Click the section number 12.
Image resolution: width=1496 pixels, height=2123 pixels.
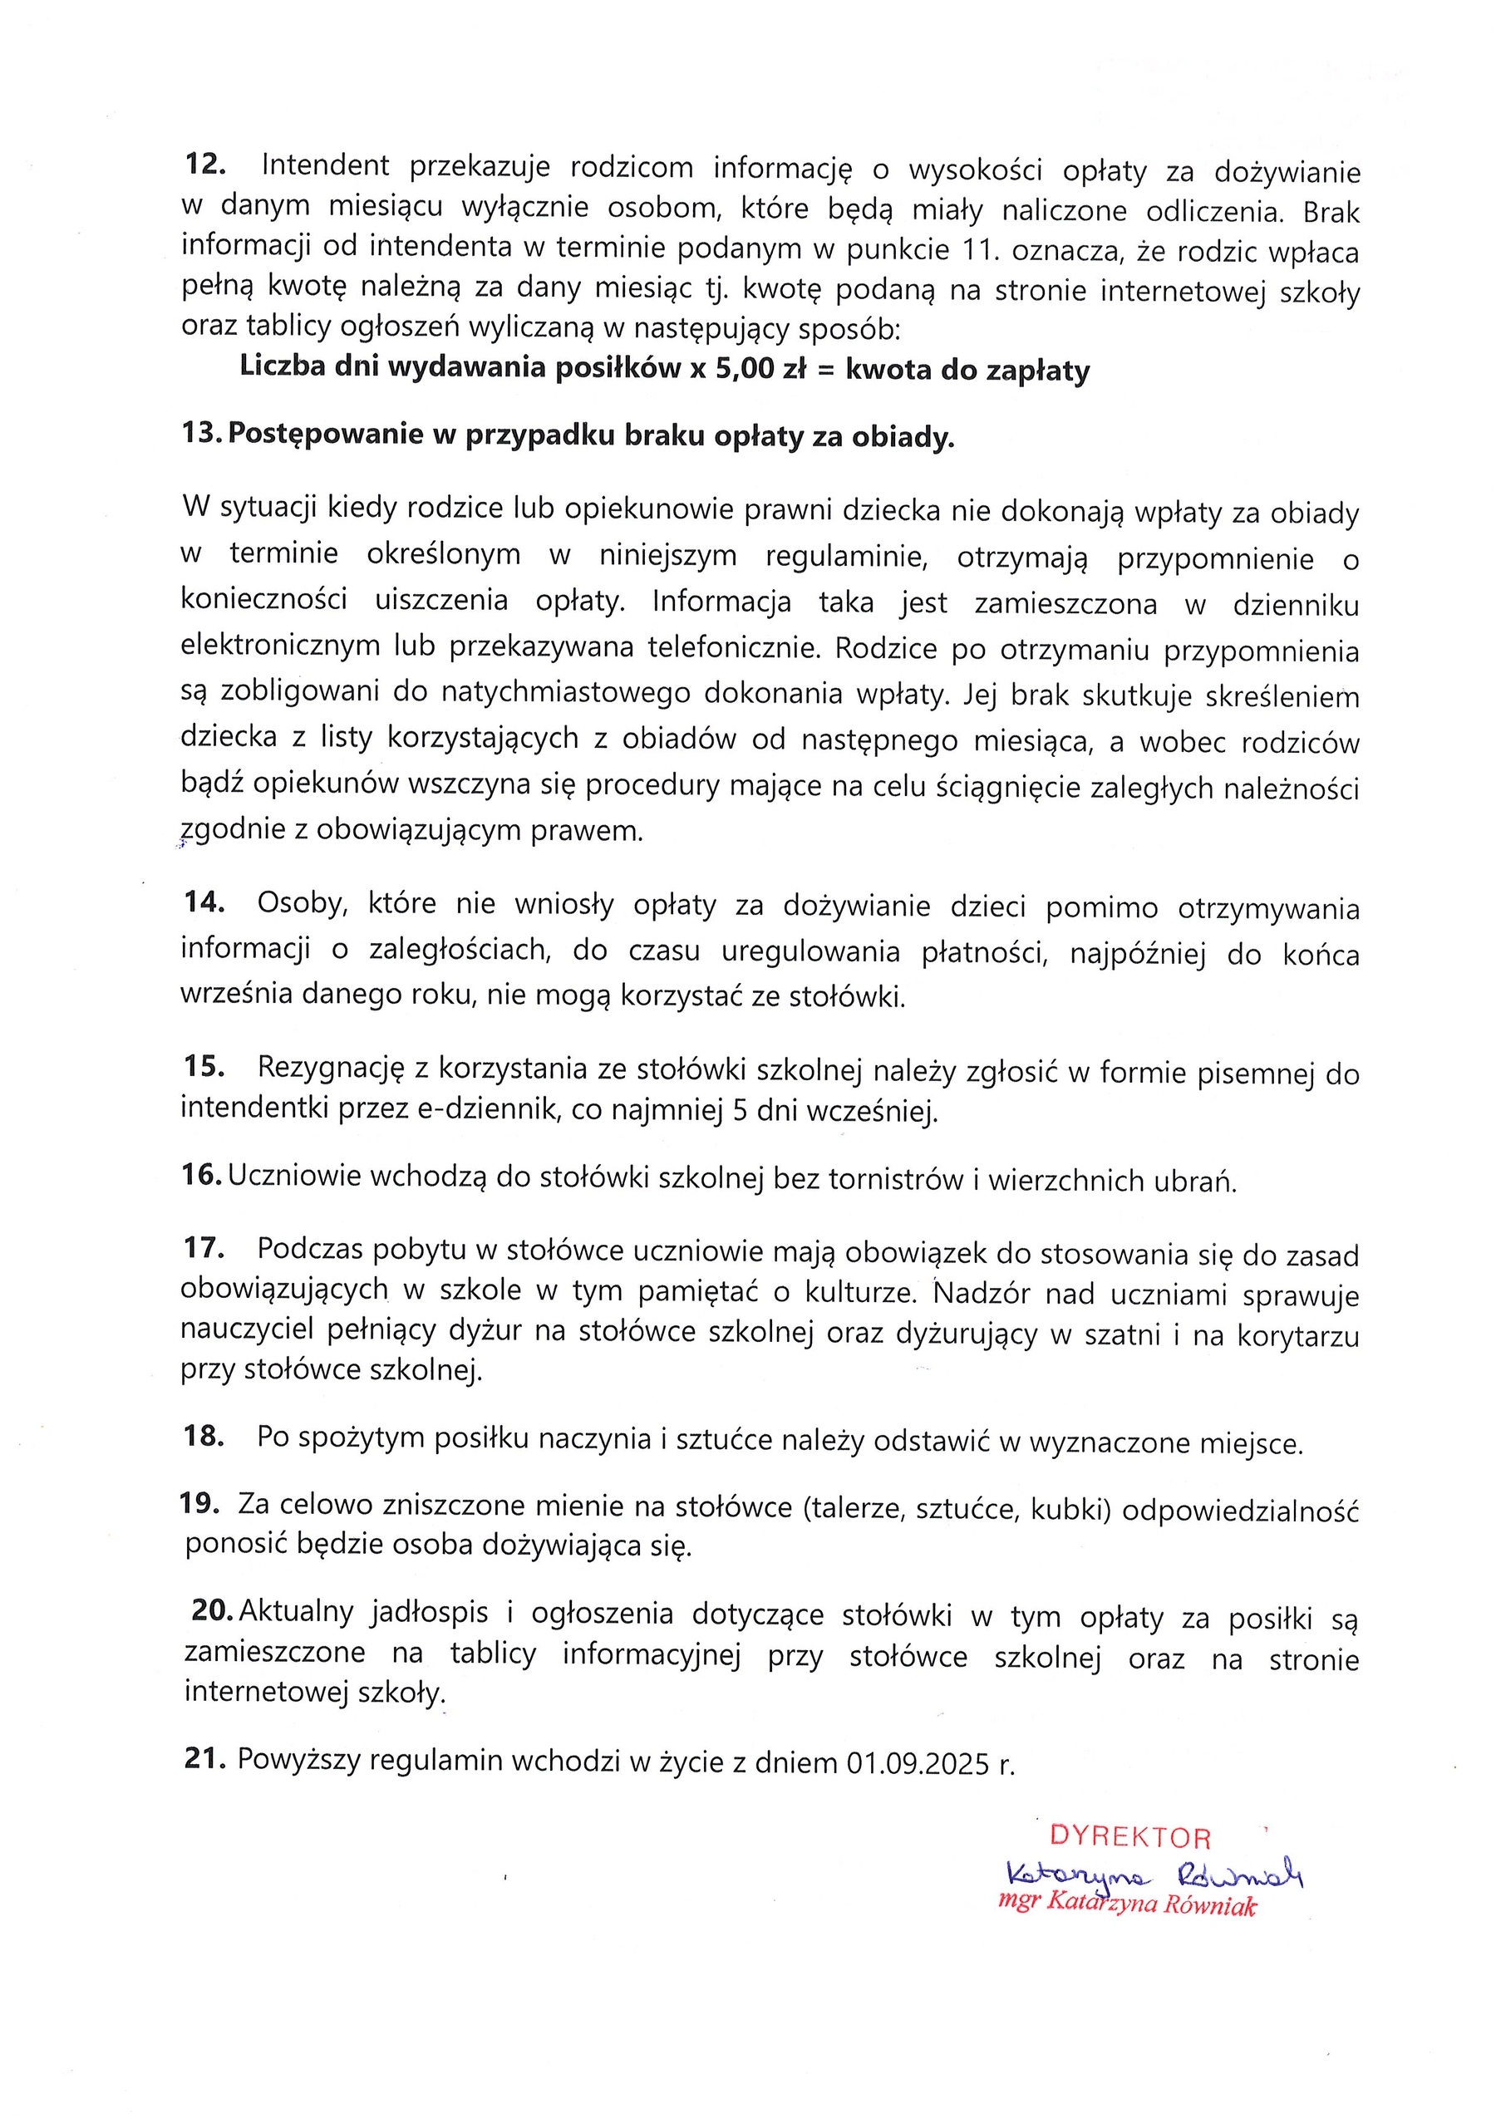205,165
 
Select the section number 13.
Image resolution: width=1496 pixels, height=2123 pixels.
199,434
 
